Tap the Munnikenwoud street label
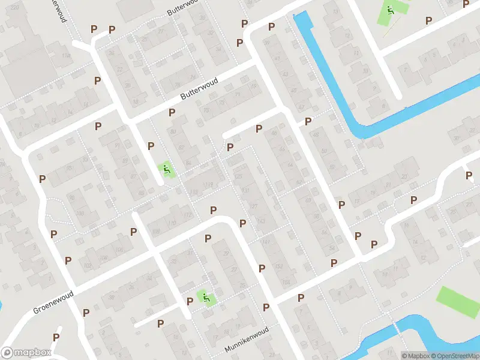coord(245,340)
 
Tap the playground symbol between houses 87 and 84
coord(166,170)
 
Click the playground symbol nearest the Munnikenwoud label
coord(206,297)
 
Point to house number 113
coord(193,193)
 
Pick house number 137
coord(254,206)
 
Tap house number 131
coord(246,191)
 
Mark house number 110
coord(172,224)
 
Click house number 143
coord(261,221)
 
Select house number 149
coord(266,242)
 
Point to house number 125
coord(239,176)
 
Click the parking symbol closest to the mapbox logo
coord(56,337)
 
